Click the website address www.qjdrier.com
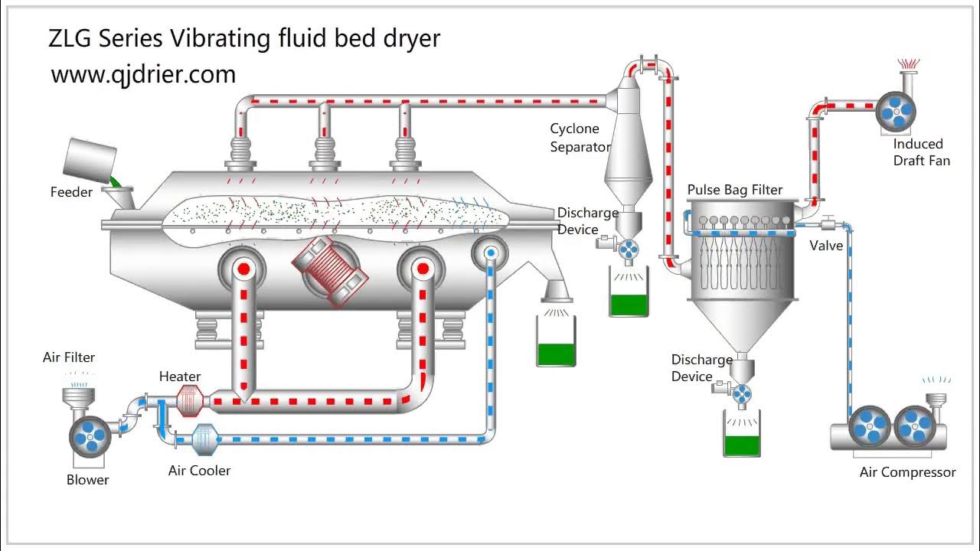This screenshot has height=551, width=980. point(143,74)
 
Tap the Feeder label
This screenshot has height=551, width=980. point(71,192)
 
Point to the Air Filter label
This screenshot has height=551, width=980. point(69,357)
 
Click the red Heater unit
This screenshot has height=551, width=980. point(188,400)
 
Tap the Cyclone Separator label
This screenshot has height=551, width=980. point(580,138)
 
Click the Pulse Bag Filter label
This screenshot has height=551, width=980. point(735,190)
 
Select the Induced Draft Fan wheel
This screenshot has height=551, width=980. point(896,112)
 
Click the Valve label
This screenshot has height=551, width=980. point(826,246)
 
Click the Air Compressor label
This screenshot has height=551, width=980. point(907,472)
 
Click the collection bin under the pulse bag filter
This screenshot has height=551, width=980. point(742,434)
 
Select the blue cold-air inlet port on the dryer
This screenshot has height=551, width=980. point(492,253)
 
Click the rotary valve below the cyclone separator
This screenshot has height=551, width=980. point(629,249)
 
